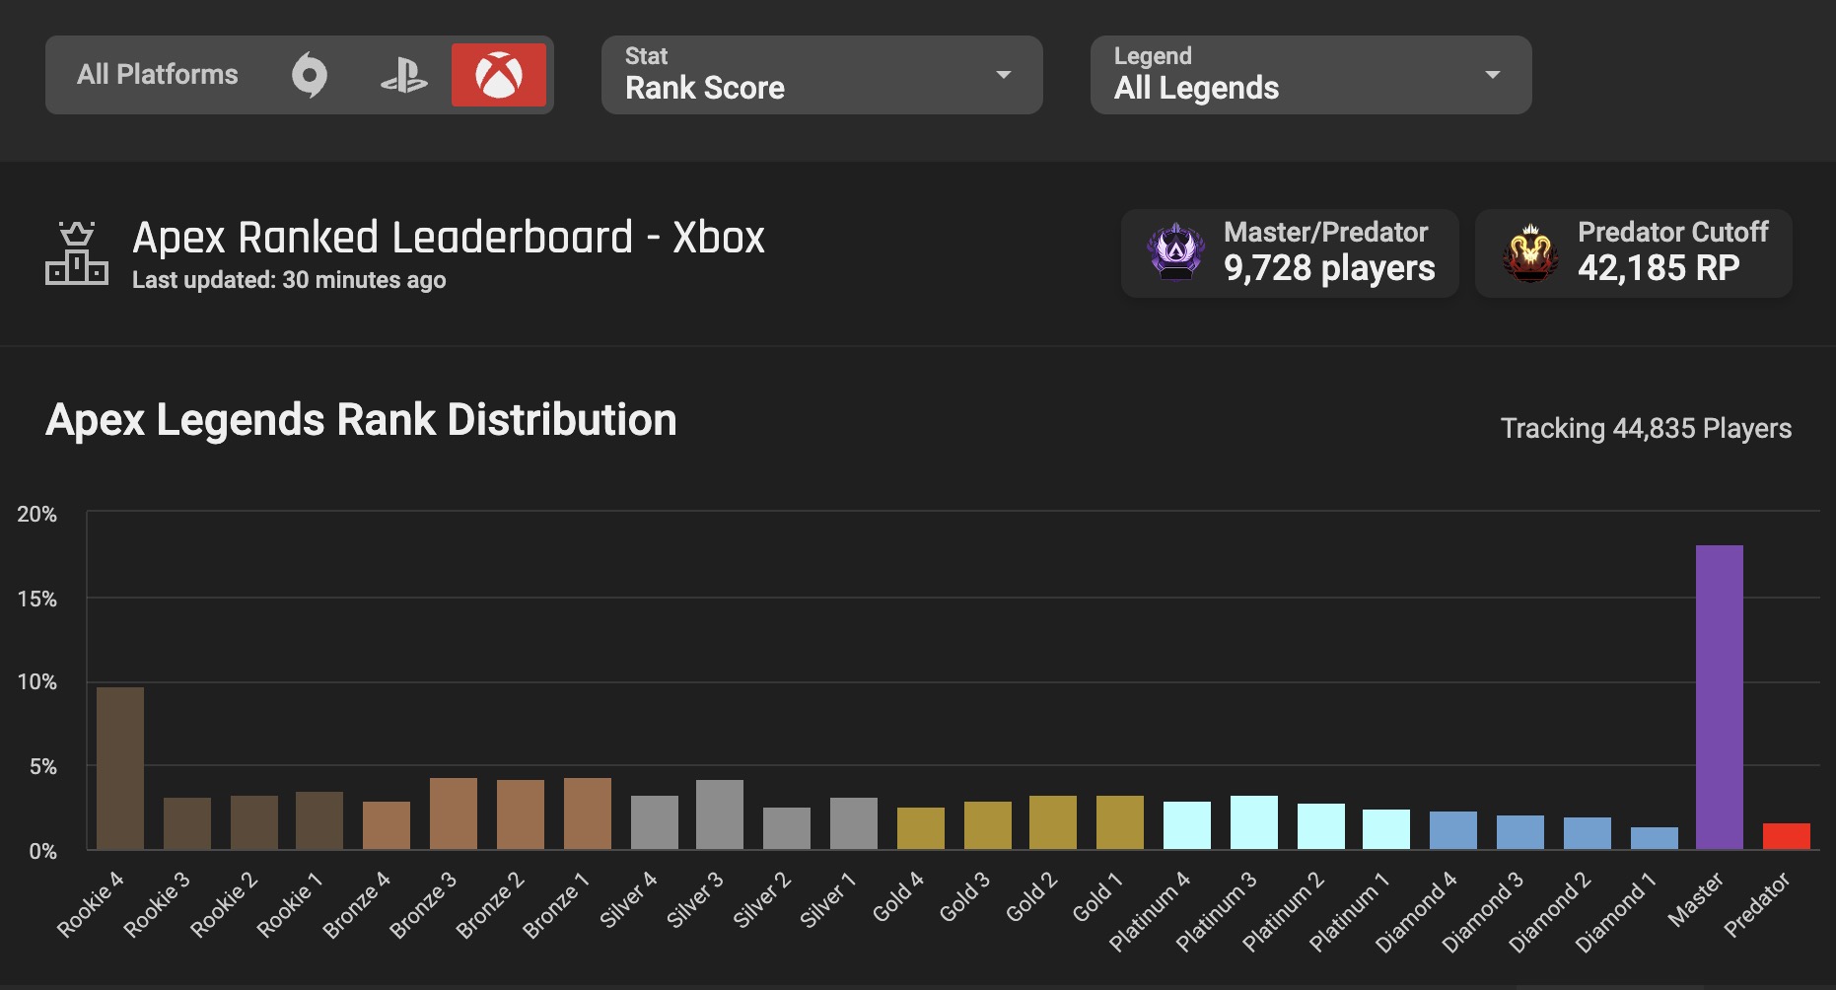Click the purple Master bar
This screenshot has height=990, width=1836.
[1719, 697]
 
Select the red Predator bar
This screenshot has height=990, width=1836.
[1786, 836]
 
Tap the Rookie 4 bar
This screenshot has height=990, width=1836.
[120, 768]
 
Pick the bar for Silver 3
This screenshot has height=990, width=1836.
[720, 814]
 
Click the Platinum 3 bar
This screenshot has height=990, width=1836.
[1253, 822]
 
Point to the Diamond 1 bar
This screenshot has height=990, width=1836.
[1654, 838]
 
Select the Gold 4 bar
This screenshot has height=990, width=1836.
[920, 828]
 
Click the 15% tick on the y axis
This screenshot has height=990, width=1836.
[36, 599]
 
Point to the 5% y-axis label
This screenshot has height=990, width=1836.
[42, 766]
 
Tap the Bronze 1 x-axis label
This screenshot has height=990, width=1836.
[556, 905]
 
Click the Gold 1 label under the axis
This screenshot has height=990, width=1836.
[1097, 897]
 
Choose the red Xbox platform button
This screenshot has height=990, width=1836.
[498, 75]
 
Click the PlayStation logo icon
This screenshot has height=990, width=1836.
[403, 75]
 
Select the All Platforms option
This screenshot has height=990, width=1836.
[158, 75]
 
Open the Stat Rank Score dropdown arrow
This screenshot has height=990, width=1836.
[1004, 75]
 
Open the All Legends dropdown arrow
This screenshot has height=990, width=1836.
[1493, 75]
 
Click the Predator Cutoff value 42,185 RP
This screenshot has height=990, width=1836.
[1658, 268]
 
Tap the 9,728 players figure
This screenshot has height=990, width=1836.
[1328, 268]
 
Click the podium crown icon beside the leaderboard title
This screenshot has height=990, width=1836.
[77, 253]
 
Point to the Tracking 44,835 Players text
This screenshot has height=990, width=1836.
[1645, 428]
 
